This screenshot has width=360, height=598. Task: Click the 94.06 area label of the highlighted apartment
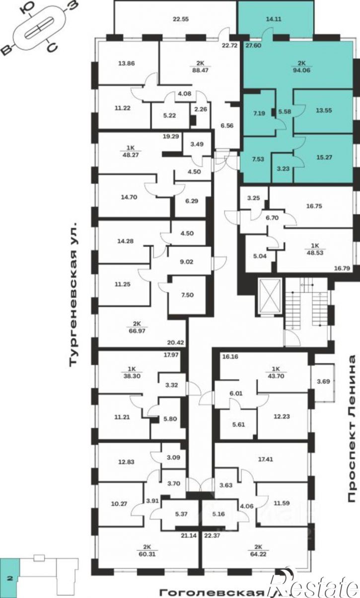tap(301, 70)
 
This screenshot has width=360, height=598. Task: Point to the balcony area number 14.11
tap(274, 19)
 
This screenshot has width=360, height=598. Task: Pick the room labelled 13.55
tap(324, 110)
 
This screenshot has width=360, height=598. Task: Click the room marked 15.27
tap(324, 157)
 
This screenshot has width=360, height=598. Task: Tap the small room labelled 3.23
tap(283, 169)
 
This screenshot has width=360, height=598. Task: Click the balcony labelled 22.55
tap(181, 19)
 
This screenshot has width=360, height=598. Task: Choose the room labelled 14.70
tap(129, 198)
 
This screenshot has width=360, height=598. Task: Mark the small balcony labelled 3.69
tap(323, 382)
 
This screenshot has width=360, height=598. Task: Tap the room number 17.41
tap(265, 460)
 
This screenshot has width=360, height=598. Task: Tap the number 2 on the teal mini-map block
tap(10, 579)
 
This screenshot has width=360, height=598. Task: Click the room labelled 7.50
tap(187, 295)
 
